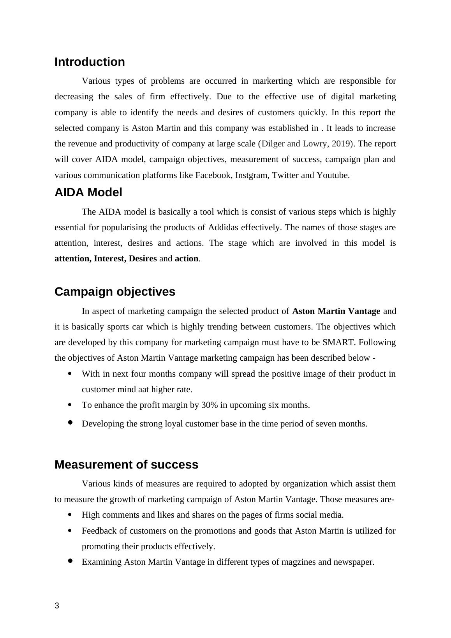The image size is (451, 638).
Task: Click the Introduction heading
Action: click(90, 62)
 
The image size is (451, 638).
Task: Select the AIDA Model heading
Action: click(88, 192)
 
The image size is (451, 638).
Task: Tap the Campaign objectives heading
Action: click(115, 292)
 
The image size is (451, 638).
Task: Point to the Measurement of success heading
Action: click(126, 465)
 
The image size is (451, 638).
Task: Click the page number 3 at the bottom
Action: click(57, 606)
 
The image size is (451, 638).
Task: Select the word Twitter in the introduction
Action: click(285, 175)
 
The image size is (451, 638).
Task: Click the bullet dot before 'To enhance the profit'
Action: click(70, 405)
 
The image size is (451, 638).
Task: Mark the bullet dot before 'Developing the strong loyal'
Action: click(70, 423)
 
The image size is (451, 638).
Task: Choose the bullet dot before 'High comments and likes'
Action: click(70, 515)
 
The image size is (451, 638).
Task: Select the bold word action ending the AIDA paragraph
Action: click(187, 259)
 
